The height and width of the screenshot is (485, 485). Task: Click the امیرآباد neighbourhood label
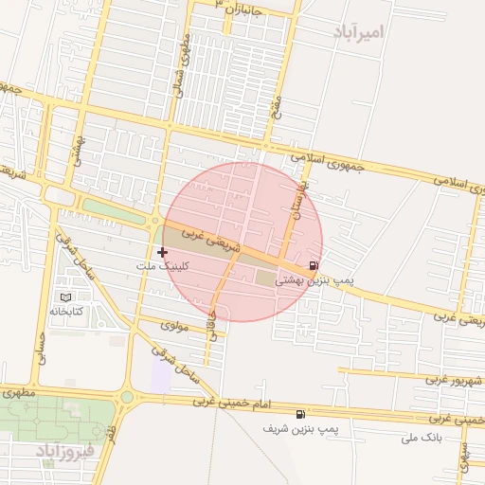pos(360,33)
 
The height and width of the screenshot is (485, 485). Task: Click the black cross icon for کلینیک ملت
pos(163,252)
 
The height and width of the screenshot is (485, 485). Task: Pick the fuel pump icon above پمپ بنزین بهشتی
pos(314,266)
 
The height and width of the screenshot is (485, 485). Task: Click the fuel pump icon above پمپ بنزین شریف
pos(301,414)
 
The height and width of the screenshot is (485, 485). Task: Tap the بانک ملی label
pos(422,438)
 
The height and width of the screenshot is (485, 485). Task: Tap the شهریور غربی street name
pos(454,380)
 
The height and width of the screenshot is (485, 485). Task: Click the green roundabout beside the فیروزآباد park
pos(126,397)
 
